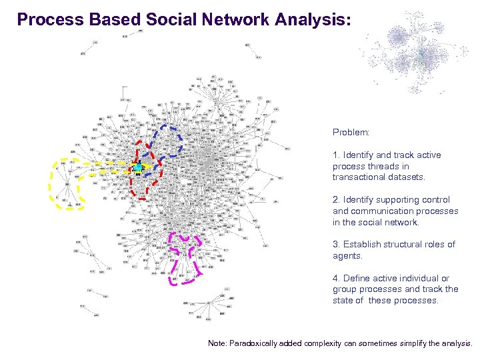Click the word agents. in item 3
(348, 256)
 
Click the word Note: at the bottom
(217, 343)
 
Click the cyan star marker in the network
(137, 167)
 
